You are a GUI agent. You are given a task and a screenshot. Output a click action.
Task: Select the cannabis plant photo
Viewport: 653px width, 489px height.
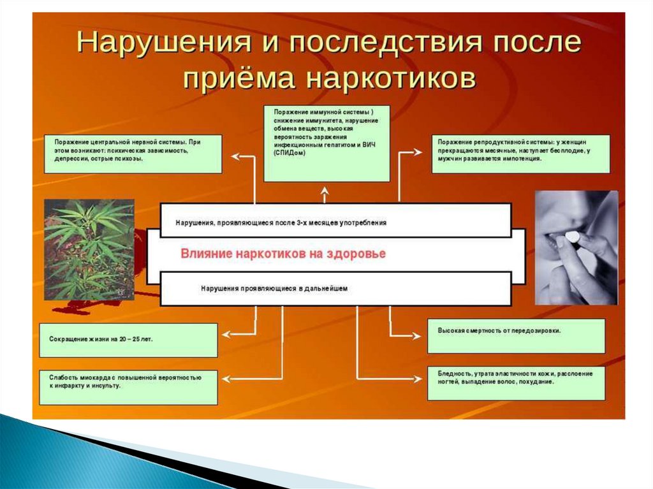(89, 249)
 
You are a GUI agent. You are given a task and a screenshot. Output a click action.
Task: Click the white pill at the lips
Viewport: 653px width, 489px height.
(573, 237)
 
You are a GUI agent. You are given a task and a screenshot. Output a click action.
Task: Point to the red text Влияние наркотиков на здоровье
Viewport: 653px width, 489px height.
(283, 254)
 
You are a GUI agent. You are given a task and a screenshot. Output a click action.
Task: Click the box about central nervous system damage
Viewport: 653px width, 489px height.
(133, 154)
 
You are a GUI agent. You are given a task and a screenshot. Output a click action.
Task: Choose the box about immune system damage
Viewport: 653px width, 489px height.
(326, 143)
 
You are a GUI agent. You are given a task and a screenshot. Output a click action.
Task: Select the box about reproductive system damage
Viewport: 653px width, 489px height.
(520, 154)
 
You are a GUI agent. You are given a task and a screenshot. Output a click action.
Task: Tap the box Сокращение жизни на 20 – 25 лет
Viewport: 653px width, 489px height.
(128, 340)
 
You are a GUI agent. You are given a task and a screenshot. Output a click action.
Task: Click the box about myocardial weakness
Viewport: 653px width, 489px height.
(128, 387)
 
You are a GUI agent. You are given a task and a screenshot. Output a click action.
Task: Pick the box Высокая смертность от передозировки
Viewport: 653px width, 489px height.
(516, 336)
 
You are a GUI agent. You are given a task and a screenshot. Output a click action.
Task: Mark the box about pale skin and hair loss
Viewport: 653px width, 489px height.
(516, 382)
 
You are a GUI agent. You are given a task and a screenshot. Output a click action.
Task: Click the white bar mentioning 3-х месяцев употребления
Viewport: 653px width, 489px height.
(335, 221)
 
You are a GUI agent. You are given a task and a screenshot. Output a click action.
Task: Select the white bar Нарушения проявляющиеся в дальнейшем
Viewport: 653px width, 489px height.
(335, 289)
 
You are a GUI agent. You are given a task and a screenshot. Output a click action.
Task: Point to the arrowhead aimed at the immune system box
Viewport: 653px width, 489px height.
(325, 190)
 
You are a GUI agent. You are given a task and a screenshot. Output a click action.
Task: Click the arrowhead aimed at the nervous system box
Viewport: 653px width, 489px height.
(234, 156)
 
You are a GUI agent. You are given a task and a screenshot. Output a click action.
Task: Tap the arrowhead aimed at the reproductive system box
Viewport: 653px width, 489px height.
(417, 152)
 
